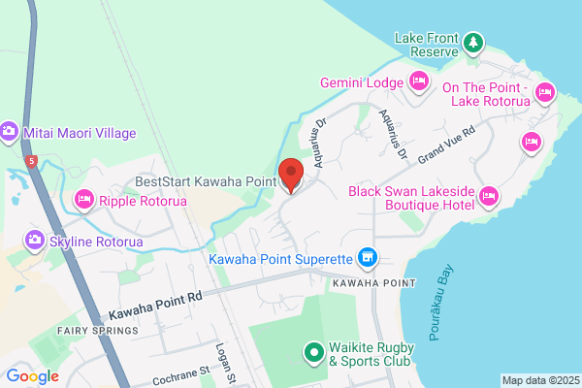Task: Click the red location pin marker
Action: click(x=292, y=175)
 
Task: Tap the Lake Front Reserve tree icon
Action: click(x=472, y=42)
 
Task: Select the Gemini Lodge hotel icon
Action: click(x=419, y=81)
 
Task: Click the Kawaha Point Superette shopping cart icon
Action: click(x=367, y=257)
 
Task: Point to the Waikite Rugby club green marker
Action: click(x=314, y=353)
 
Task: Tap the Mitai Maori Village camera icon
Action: click(x=9, y=131)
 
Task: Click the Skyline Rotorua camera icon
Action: click(x=34, y=240)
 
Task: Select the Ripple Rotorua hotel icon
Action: click(x=83, y=200)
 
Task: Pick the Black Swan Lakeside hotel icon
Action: click(x=488, y=199)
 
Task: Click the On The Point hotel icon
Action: click(x=544, y=93)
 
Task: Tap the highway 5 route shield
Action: click(x=33, y=161)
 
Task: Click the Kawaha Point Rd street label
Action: click(x=154, y=308)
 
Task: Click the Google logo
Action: click(x=32, y=376)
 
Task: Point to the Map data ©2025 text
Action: click(x=538, y=380)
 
